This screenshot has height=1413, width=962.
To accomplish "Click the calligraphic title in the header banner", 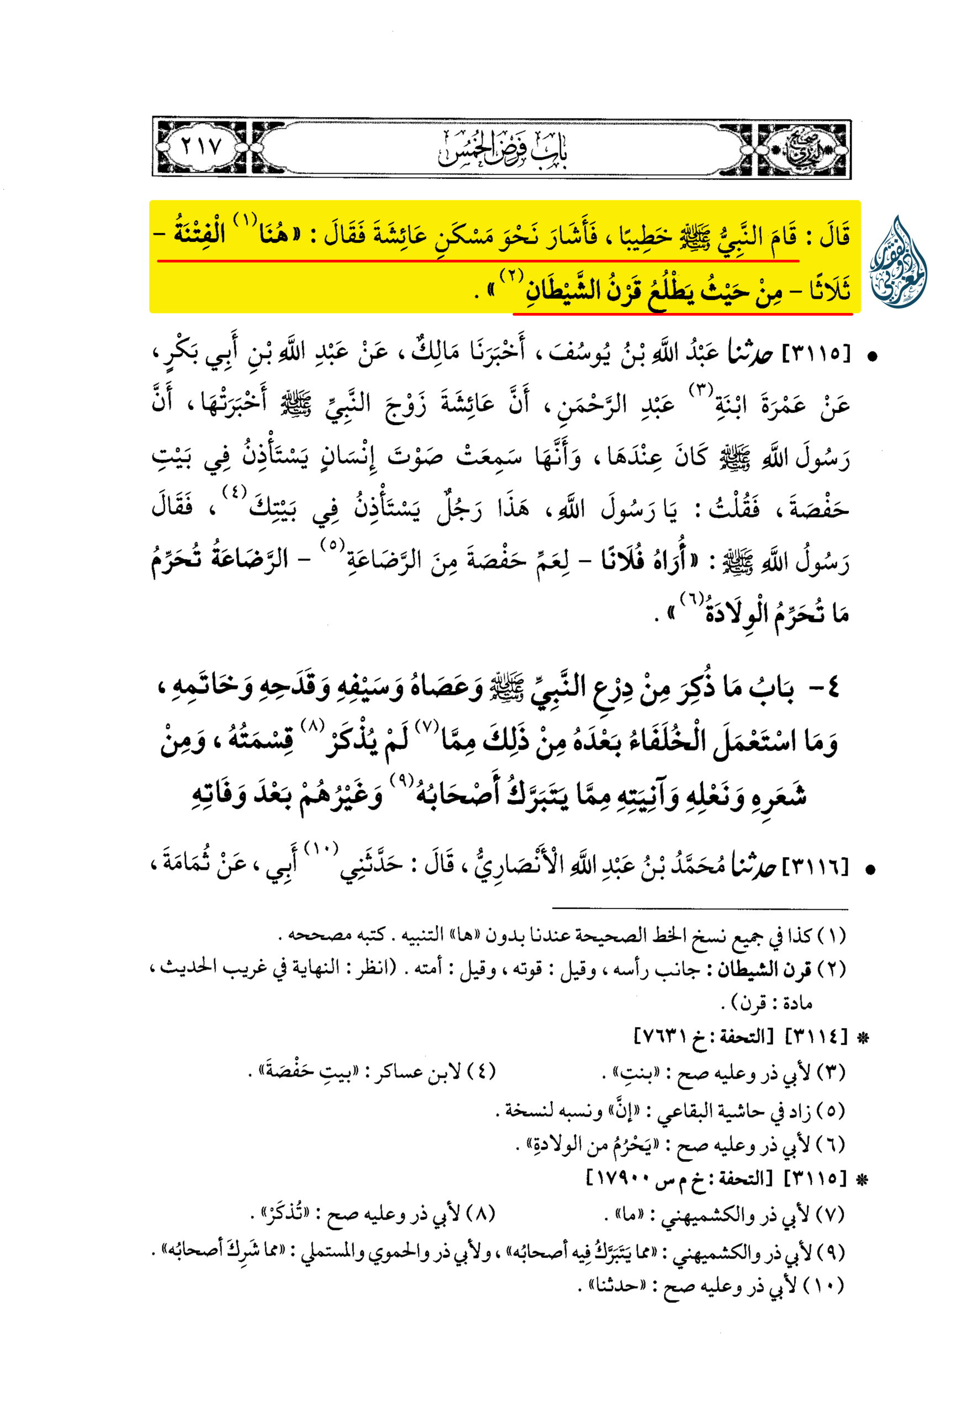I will pyautogui.click(x=503, y=148).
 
